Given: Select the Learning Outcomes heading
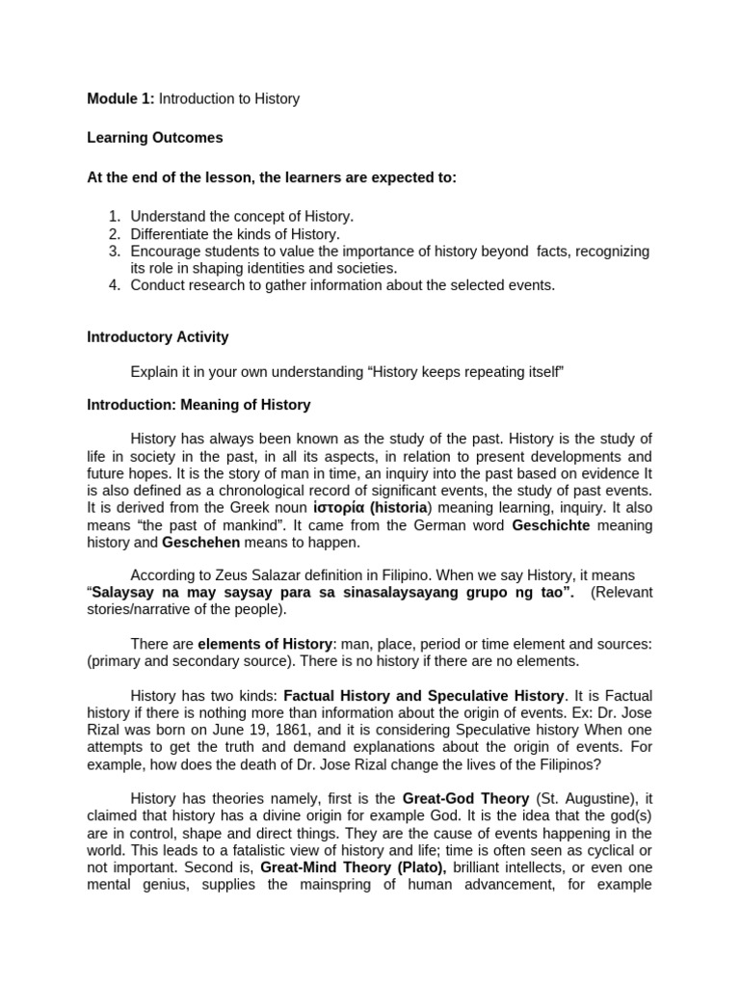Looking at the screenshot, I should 154,138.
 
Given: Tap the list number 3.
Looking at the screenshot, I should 114,251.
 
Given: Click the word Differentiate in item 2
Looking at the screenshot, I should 169,233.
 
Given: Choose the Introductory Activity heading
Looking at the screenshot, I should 158,336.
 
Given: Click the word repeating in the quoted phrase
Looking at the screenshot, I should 475,371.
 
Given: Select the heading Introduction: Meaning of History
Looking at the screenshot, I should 198,405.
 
